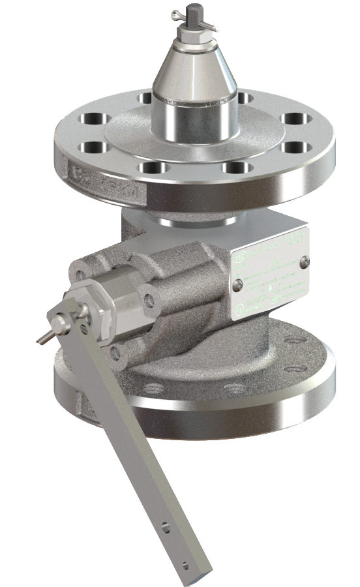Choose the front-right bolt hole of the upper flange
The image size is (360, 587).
click(233, 167)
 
